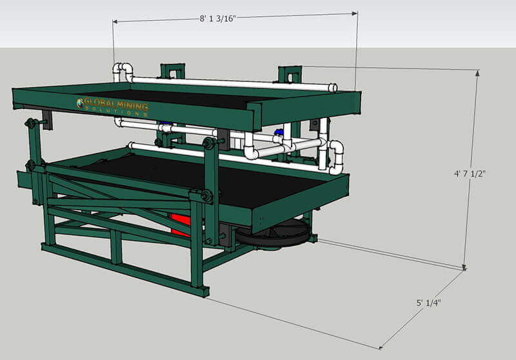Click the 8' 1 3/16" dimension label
pos(218,19)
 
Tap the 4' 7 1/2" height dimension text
pos(470,174)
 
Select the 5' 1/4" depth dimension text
pos(428,303)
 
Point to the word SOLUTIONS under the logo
pos(116,111)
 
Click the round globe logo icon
pos(80,103)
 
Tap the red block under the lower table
pos(181,225)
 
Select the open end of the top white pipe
pos(333,88)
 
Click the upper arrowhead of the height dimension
pos(477,73)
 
